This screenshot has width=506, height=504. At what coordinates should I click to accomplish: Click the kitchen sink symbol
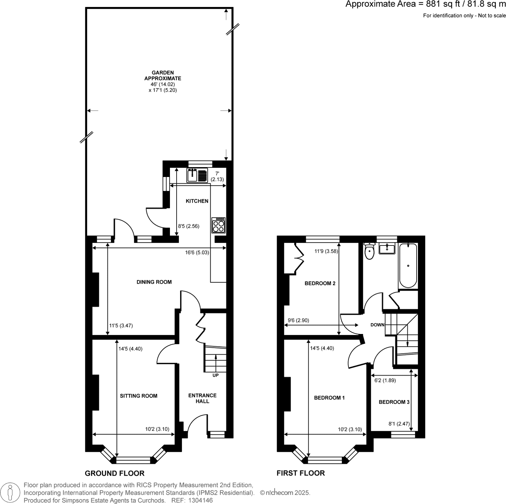[197, 175]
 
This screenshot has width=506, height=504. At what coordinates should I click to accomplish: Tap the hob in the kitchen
[218, 225]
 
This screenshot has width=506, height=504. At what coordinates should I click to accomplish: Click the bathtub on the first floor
[408, 266]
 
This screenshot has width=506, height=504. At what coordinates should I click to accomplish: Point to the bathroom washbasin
[387, 248]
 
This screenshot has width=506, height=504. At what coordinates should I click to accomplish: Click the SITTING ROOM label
[138, 396]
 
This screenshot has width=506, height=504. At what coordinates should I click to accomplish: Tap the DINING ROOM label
[154, 282]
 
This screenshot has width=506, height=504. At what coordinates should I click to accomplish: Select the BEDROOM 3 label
[394, 402]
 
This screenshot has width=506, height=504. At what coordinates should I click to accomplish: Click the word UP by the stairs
[215, 375]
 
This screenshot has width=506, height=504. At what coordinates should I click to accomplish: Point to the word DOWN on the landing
[377, 325]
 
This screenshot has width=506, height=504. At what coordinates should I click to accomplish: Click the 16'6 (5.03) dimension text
[197, 252]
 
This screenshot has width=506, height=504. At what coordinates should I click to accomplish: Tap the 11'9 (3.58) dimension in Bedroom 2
[326, 251]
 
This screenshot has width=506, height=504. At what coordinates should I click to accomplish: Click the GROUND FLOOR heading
[115, 473]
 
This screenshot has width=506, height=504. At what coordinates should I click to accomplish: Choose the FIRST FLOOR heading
[301, 473]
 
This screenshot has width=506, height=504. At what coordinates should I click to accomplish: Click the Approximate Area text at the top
[425, 4]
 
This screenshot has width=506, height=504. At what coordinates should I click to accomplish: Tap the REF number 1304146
[192, 500]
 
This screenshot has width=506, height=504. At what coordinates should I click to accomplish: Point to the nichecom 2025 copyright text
[285, 493]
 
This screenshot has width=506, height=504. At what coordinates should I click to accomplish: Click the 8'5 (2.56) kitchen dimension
[188, 226]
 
